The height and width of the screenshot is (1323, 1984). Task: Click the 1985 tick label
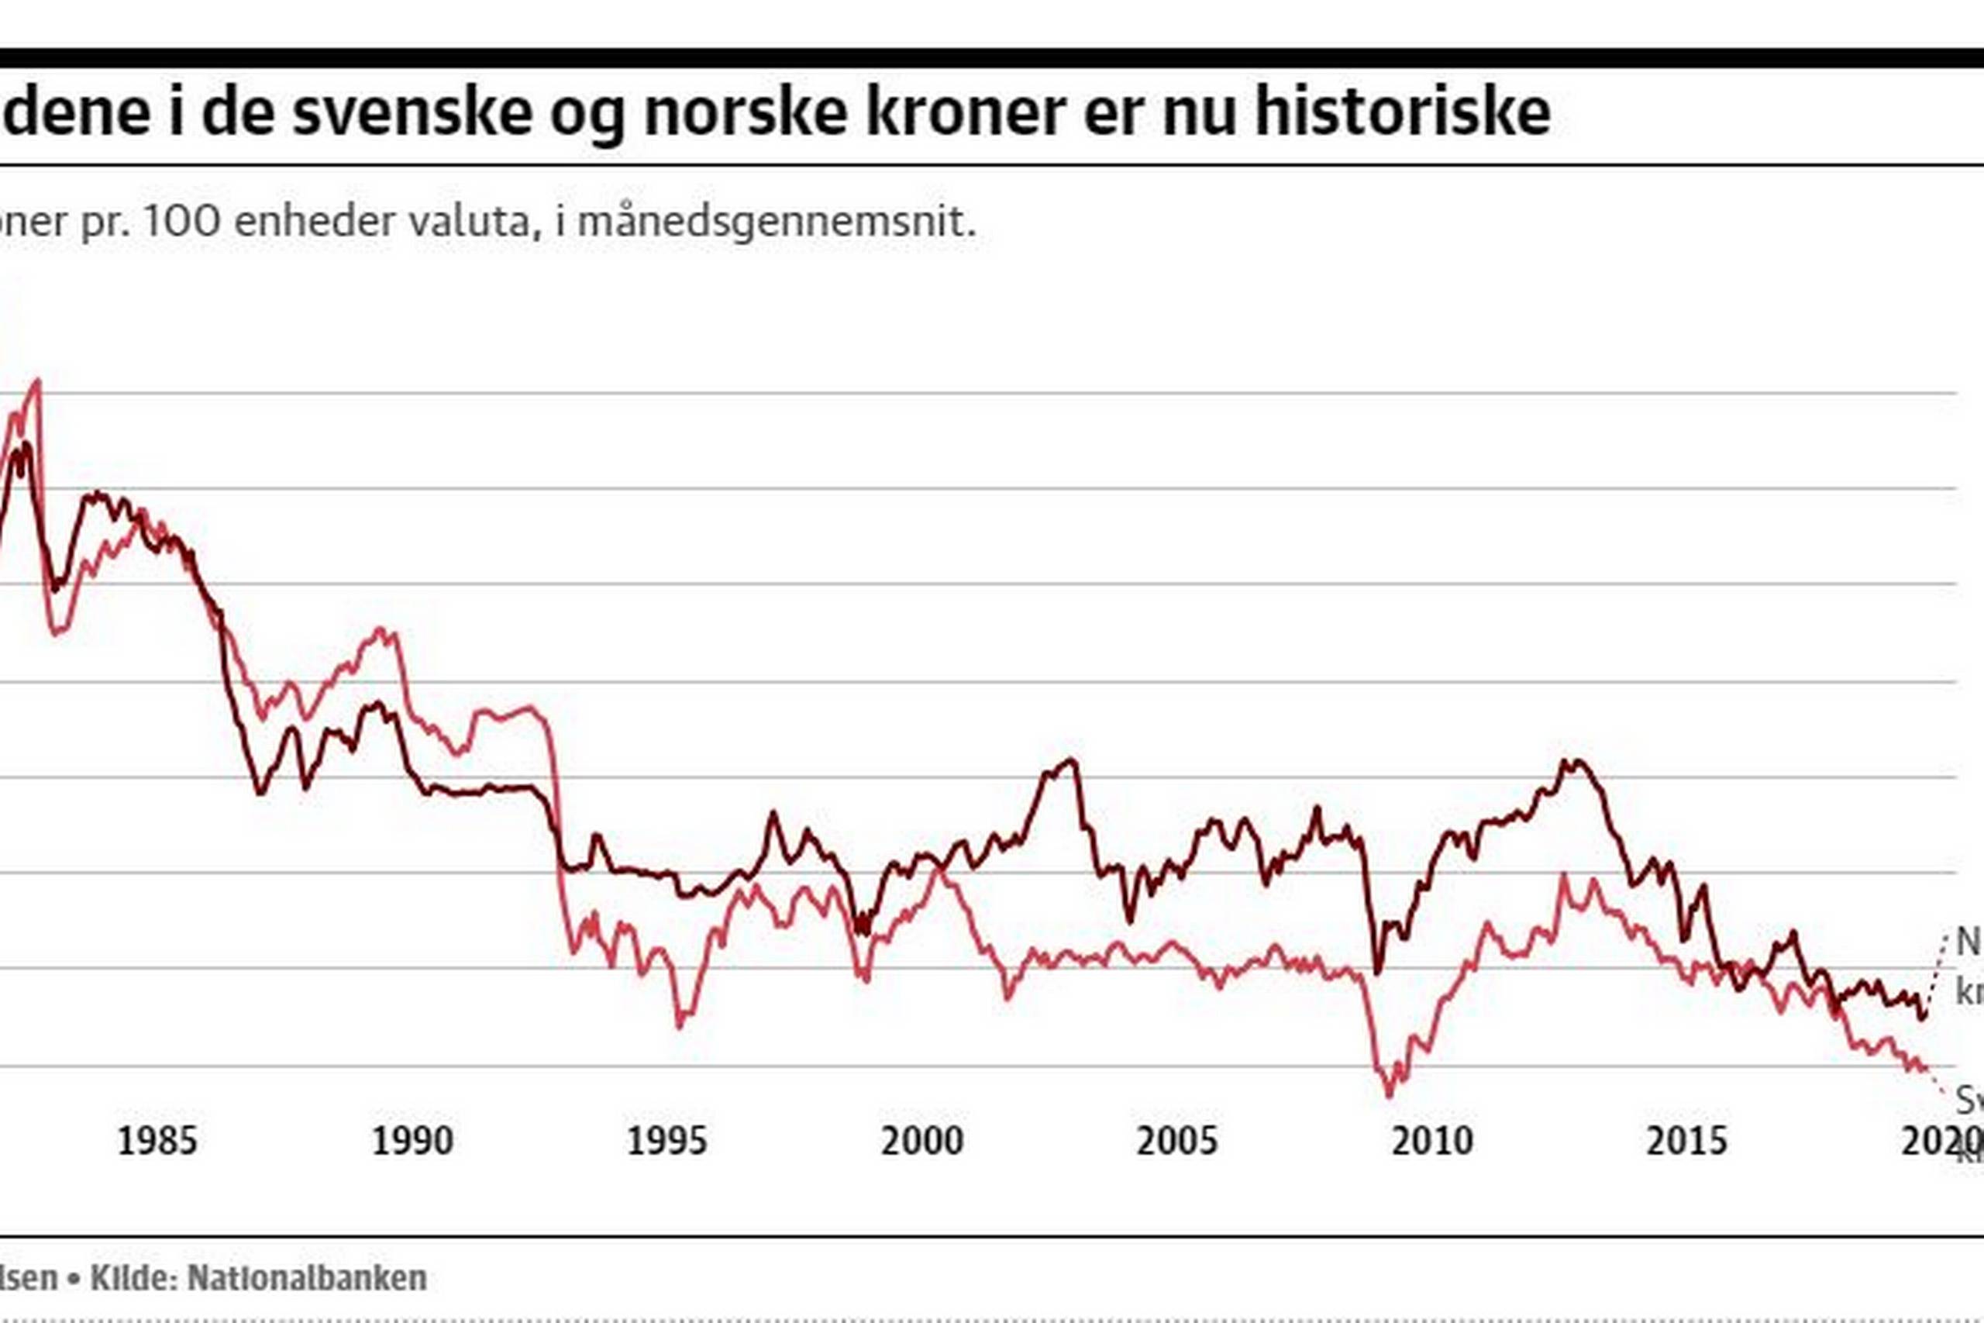[x=157, y=1142]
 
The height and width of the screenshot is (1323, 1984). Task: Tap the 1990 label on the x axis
[x=412, y=1142]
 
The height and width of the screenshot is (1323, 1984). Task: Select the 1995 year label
[x=667, y=1142]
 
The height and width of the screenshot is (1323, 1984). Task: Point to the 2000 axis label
[x=922, y=1142]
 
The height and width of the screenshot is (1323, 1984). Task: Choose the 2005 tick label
[x=1176, y=1142]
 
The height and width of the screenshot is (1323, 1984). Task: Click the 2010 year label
[x=1432, y=1142]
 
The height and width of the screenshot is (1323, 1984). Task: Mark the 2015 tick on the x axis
[x=1687, y=1142]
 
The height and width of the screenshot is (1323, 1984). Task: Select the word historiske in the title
[x=1403, y=112]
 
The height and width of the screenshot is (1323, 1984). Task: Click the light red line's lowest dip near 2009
[x=1390, y=1095]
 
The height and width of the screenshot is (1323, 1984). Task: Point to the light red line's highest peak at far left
[x=36, y=381]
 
